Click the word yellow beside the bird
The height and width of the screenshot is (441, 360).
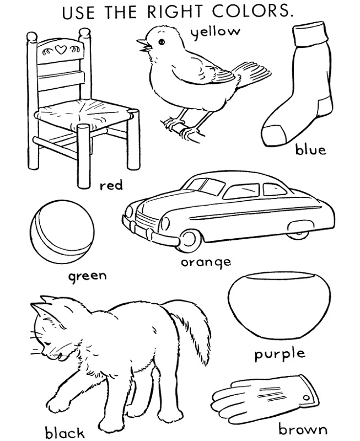216,32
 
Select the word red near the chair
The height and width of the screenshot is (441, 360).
111,185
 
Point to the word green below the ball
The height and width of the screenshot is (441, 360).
88,276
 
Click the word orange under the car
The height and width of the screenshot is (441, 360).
206,263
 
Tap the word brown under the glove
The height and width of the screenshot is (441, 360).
303,430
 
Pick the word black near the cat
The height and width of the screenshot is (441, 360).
65,432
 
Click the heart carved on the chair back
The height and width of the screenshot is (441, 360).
61,50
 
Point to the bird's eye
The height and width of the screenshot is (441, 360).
162,42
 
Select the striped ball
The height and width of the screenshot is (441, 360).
62,232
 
